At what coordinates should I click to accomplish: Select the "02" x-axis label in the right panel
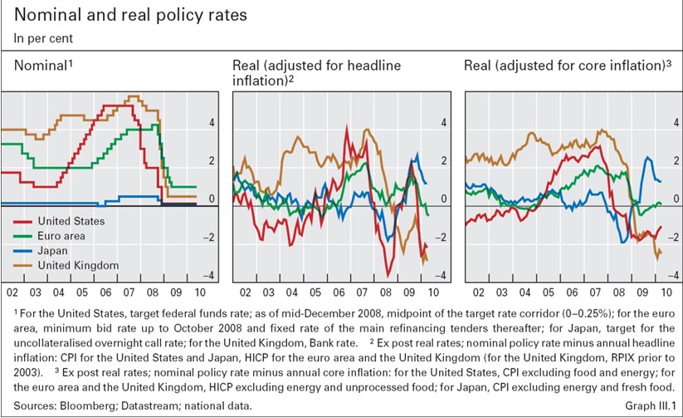(x=478, y=293)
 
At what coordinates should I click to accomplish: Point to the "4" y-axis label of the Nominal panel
(x=211, y=122)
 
